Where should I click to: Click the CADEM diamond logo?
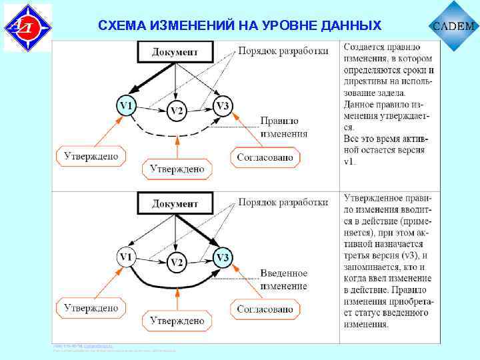pyautogui.click(x=455, y=26)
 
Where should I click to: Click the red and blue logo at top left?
pyautogui.click(x=27, y=27)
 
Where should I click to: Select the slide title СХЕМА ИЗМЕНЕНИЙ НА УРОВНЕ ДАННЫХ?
pyautogui.click(x=239, y=26)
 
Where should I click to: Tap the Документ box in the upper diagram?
pyautogui.click(x=175, y=52)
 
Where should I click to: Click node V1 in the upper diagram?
pyautogui.click(x=126, y=106)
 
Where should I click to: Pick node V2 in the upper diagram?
pyautogui.click(x=176, y=111)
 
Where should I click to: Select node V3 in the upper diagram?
pyautogui.click(x=223, y=106)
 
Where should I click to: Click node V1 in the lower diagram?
pyautogui.click(x=126, y=257)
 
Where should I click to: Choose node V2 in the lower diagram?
pyautogui.click(x=176, y=263)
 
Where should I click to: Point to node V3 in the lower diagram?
pyautogui.click(x=223, y=257)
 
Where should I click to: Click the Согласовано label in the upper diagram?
pyautogui.click(x=265, y=157)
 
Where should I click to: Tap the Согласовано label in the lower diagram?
pyautogui.click(x=265, y=309)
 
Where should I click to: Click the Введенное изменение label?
pyautogui.click(x=284, y=279)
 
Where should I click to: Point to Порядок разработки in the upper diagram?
pyautogui.click(x=283, y=51)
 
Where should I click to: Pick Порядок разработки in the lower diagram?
pyautogui.click(x=283, y=202)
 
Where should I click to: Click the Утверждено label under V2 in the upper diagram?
pyautogui.click(x=177, y=169)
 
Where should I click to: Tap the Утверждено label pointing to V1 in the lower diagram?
pyautogui.click(x=91, y=308)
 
